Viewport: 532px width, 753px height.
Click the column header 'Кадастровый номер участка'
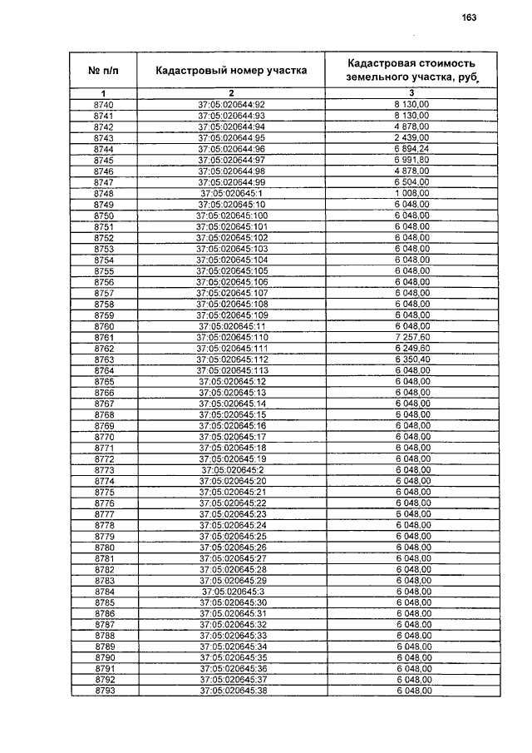tap(231, 71)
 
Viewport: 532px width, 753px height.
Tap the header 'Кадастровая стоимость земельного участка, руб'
tap(412, 70)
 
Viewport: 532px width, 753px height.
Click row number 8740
tap(103, 104)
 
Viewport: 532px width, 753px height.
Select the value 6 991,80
tap(412, 160)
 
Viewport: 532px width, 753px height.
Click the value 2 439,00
tap(412, 137)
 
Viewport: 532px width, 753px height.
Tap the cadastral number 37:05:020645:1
tap(231, 193)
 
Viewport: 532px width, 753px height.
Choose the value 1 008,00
tap(412, 193)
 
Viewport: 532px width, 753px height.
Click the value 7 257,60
tap(412, 337)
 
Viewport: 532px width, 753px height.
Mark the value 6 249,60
tap(412, 348)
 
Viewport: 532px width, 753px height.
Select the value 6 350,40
tap(412, 359)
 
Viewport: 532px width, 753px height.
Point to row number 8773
tap(103, 470)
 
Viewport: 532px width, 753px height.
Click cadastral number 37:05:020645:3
tap(231, 592)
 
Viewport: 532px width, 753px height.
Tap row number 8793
tap(103, 691)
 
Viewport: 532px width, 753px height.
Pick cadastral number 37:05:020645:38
tap(231, 691)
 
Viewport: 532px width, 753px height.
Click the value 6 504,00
tap(412, 181)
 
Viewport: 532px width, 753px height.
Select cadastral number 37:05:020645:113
tap(231, 370)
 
